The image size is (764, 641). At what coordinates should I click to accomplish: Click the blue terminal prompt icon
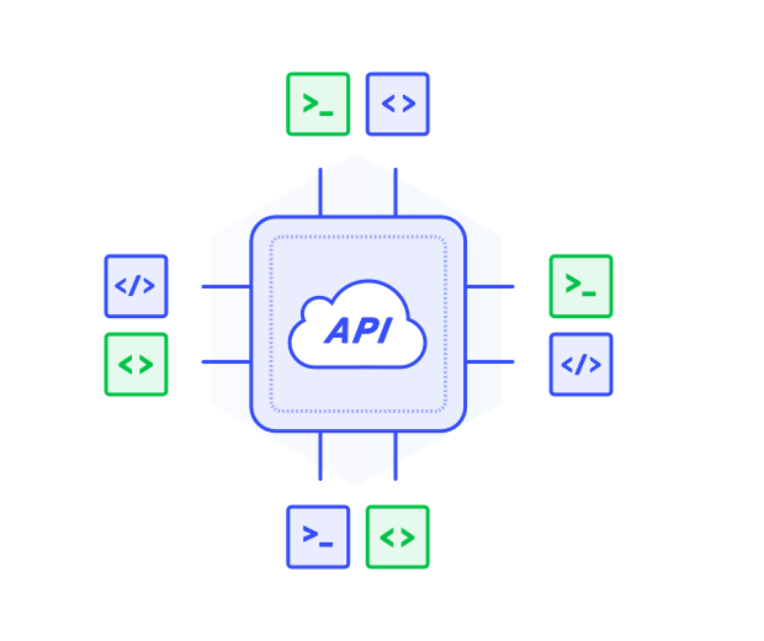point(318,536)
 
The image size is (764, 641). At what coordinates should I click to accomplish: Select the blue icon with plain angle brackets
point(397,104)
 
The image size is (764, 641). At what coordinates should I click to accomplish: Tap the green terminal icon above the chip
point(318,104)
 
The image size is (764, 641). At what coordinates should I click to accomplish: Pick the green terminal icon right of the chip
point(581,286)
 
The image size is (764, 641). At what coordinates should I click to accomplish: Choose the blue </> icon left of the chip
point(136,286)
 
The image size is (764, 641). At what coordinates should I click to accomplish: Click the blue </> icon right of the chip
point(581,364)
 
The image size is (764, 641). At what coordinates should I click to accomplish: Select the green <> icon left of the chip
point(136,364)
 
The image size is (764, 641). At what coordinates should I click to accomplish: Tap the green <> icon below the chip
point(397,536)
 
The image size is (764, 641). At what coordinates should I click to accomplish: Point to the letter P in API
point(363,331)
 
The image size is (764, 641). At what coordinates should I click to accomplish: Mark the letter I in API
point(382,331)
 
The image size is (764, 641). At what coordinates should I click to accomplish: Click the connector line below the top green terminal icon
point(320,192)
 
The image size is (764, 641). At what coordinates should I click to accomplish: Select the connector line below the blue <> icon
point(395,192)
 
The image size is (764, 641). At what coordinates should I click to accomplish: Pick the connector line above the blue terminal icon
point(320,456)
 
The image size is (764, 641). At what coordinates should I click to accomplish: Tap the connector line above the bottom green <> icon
point(395,456)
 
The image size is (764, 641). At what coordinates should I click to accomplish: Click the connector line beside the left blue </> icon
point(226,287)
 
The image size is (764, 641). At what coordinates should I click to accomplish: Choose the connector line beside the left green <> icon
point(226,362)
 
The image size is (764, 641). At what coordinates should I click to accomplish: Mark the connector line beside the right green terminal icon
point(490,287)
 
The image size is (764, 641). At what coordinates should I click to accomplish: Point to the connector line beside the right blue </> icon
point(490,362)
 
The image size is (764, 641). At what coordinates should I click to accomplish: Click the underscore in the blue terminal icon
point(327,544)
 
